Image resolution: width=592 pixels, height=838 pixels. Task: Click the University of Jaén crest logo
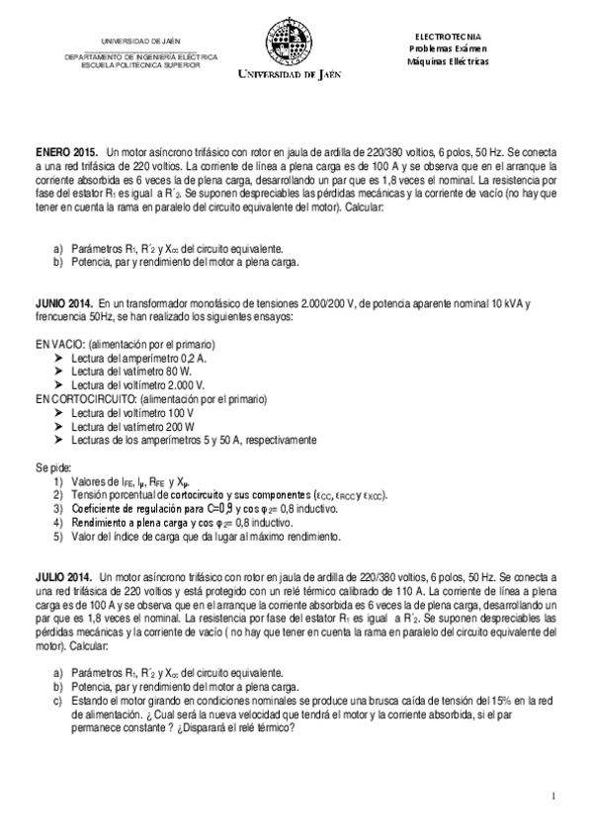290,45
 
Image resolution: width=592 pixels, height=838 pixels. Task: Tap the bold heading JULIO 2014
63,575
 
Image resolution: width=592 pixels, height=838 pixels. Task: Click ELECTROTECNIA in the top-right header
448,36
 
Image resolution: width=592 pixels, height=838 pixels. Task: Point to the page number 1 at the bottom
555,796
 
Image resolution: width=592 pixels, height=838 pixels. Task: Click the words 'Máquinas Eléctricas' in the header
448,61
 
